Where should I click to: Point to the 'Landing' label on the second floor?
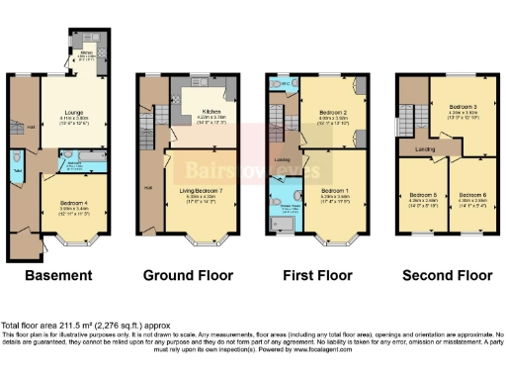coord(427,150)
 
